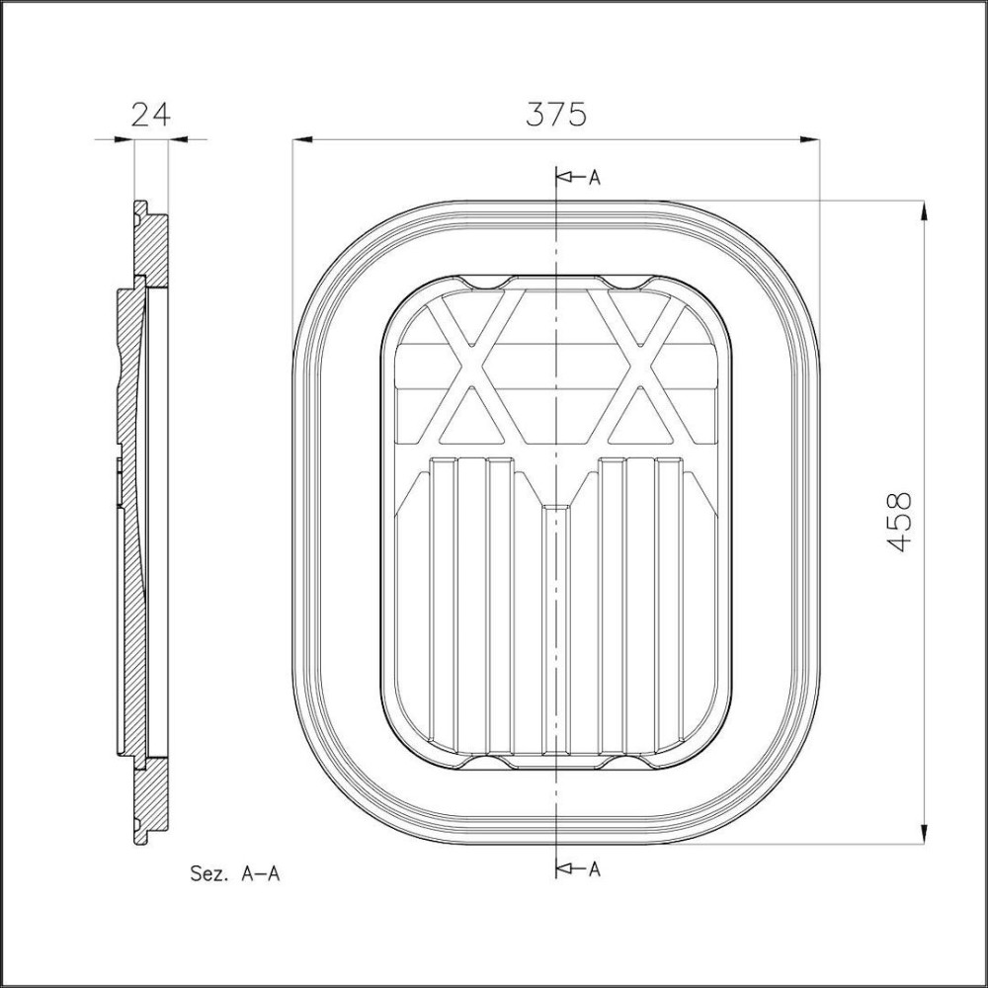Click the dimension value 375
click(555, 114)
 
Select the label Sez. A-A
click(233, 873)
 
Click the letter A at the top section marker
click(595, 178)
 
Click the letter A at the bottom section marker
click(595, 869)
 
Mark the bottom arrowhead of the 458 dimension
click(924, 836)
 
